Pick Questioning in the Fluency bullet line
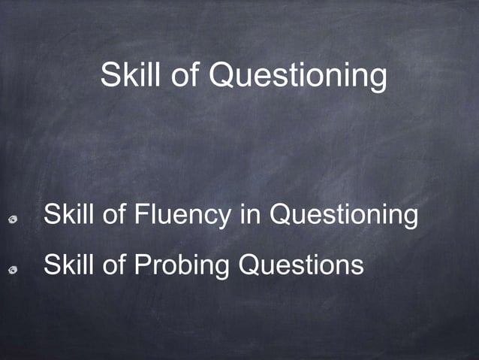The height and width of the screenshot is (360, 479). click(x=343, y=216)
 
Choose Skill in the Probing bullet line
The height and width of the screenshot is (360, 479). click(x=67, y=264)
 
